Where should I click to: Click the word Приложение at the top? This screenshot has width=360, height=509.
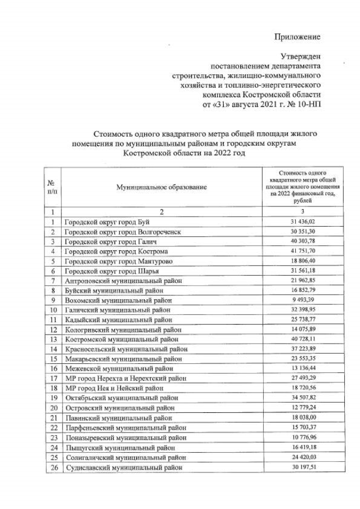click(x=297, y=37)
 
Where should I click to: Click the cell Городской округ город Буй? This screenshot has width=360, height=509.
click(x=107, y=222)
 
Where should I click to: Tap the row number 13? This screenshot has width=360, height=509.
click(x=52, y=339)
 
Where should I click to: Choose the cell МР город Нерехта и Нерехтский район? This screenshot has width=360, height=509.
click(x=130, y=379)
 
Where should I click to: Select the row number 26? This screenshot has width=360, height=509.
click(x=52, y=467)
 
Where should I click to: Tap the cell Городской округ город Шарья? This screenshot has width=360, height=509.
click(x=110, y=271)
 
